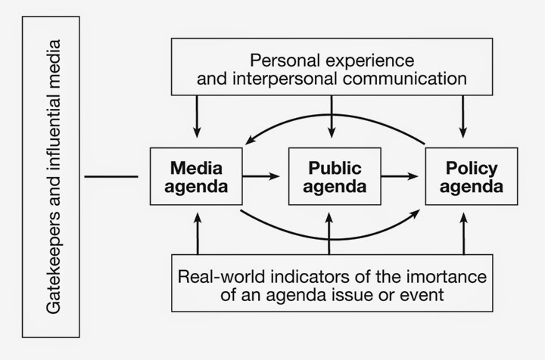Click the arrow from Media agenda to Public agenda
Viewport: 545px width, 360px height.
262,176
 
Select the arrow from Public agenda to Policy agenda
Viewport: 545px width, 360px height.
401,176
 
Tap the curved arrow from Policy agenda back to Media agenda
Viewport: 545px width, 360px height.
333,116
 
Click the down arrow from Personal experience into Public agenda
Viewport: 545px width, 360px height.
331,117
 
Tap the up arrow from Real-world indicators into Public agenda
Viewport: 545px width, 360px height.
330,234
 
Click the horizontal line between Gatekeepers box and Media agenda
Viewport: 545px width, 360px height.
111,177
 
